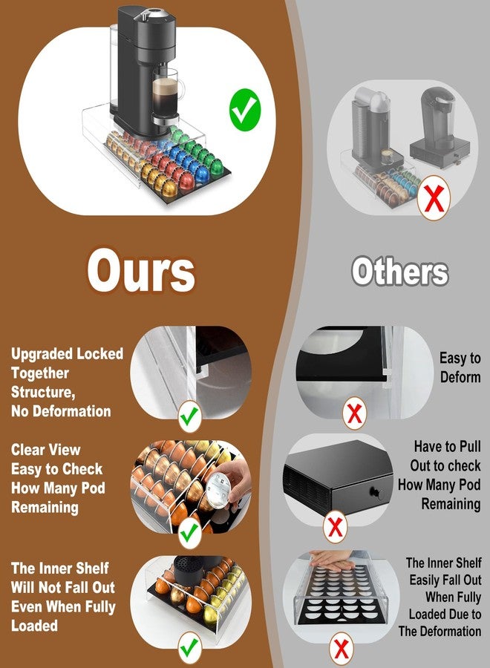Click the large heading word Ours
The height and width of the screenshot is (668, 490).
pos(141,271)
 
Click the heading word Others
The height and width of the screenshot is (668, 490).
pos(400,272)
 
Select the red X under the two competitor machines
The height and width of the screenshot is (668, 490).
pos(434,197)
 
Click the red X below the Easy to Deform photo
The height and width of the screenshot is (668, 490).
pos(354,413)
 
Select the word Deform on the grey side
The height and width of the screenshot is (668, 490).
pos(460,377)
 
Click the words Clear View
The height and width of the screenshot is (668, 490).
pos(45,450)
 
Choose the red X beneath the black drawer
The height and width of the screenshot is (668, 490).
pos(335,527)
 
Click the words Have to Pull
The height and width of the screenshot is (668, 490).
pos(447,447)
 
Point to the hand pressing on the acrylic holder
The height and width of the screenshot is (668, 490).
pos(332,558)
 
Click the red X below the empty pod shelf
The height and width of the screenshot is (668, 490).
pos(342,649)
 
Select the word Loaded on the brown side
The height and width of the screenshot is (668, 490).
pos(34,626)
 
